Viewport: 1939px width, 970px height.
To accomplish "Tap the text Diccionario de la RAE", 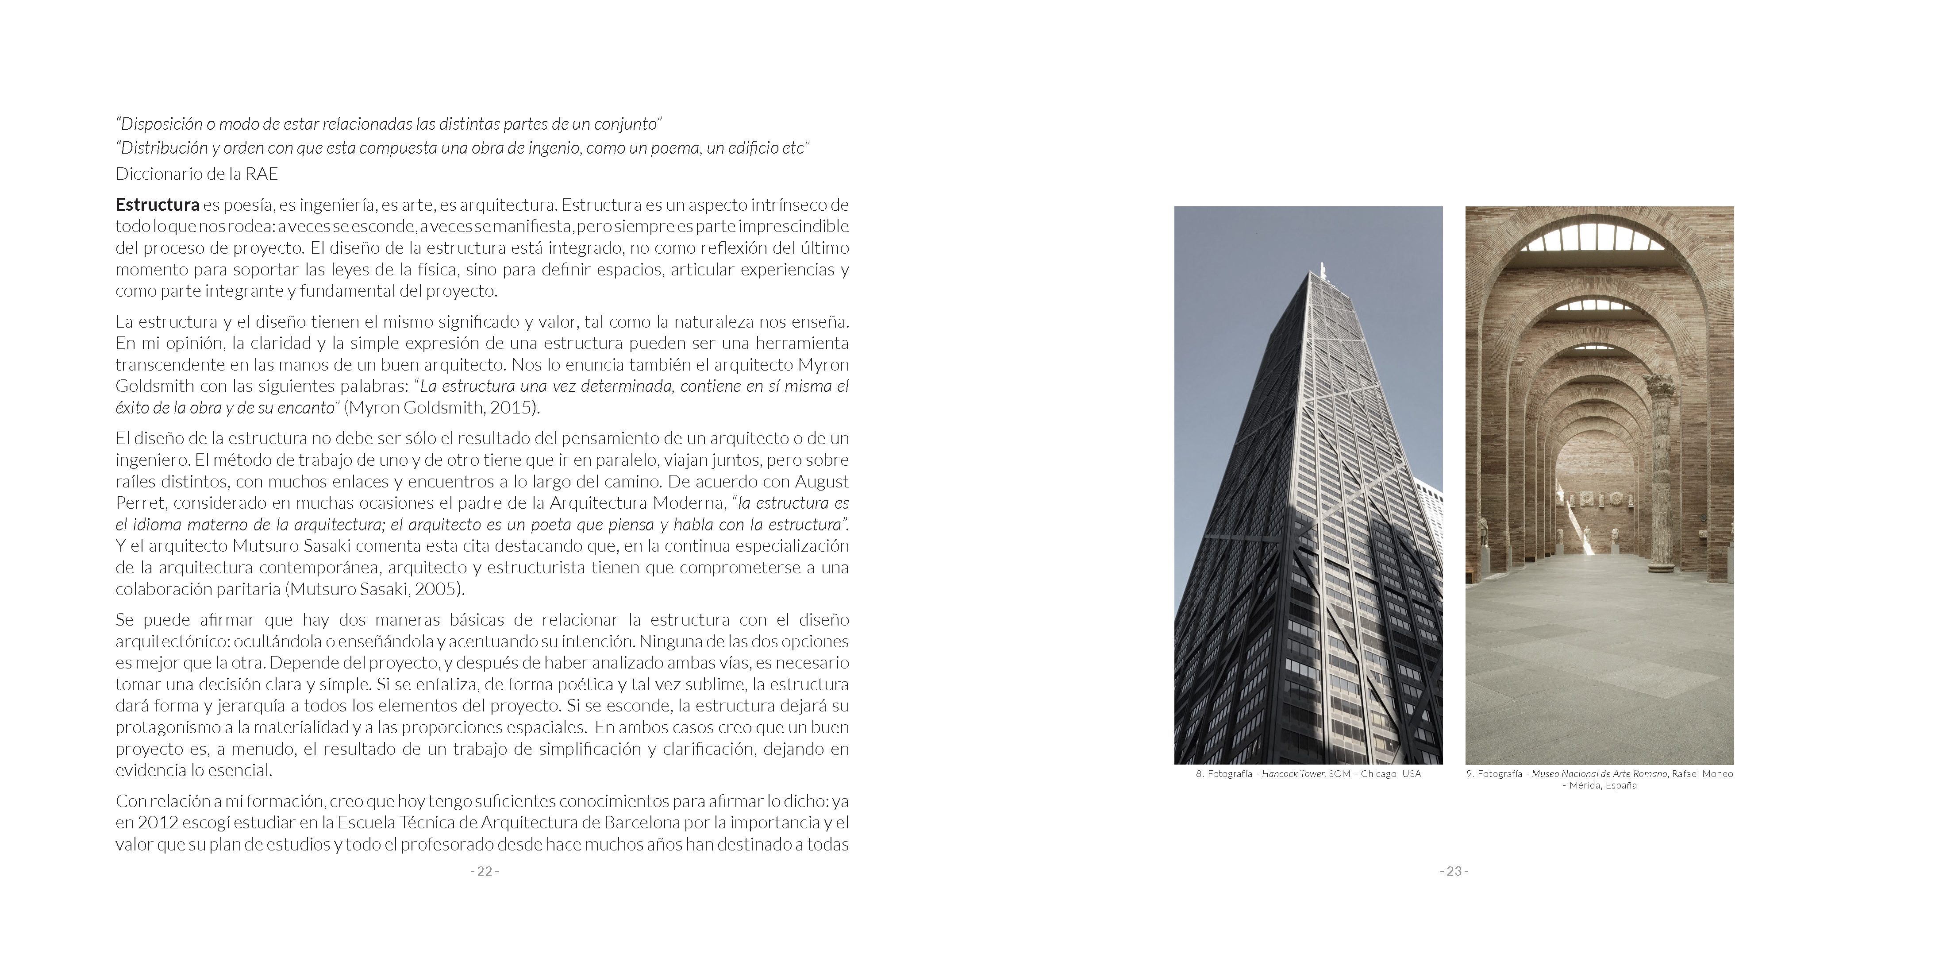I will [x=196, y=174].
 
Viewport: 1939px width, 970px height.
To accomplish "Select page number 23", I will [x=1454, y=871].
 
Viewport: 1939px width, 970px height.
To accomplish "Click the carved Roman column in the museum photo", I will [x=1658, y=482].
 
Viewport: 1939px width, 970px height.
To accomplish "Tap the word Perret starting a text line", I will [x=138, y=502].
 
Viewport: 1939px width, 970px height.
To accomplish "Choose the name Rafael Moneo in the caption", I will [x=1702, y=773].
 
